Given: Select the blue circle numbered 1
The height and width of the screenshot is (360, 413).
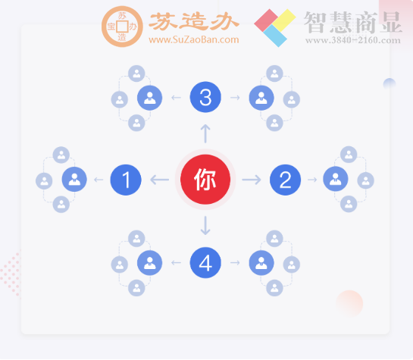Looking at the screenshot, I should [126, 180].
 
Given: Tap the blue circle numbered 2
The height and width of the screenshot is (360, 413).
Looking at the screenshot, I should [285, 180].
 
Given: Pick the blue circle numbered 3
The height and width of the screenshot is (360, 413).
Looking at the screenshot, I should [205, 97].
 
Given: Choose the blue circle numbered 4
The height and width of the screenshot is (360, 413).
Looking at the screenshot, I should [205, 263].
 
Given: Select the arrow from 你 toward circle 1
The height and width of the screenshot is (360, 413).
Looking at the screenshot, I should [160, 180].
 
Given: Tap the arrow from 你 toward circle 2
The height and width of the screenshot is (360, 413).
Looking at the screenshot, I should [252, 180].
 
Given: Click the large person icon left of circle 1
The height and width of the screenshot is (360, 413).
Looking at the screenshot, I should [74, 180].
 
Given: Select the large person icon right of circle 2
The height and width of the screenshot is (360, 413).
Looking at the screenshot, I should [336, 180].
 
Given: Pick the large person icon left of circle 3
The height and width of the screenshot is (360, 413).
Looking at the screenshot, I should [149, 97].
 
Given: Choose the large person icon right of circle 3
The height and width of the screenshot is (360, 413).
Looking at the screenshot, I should [261, 97].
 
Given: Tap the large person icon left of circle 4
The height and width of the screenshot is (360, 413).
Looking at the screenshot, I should [149, 263].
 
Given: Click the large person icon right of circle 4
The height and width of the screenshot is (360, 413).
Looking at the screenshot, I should [261, 263].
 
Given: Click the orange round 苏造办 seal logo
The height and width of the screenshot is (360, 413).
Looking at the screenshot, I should [121, 27].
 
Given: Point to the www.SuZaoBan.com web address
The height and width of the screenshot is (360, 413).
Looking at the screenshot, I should [193, 39].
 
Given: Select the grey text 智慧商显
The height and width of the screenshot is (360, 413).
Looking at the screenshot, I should [352, 22].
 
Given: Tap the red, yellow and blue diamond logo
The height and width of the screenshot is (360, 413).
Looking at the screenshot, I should [274, 27].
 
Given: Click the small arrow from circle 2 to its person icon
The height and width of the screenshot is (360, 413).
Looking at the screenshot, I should [311, 180].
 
